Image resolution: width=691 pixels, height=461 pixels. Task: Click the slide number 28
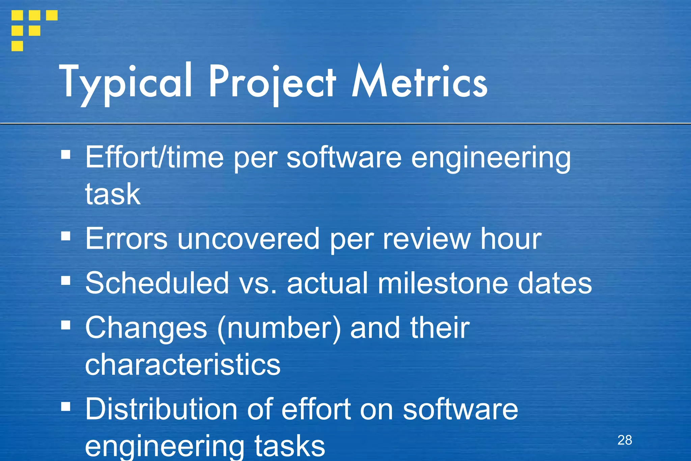coord(625,440)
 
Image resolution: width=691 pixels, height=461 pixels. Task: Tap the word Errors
coord(126,239)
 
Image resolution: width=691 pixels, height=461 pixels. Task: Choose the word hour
coord(511,239)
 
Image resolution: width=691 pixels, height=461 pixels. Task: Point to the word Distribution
coord(161,409)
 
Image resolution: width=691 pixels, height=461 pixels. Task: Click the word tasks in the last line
coord(289,446)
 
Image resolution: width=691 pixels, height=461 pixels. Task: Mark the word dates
coord(555,283)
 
